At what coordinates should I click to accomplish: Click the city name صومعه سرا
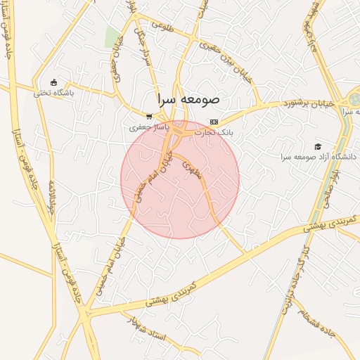[188, 98]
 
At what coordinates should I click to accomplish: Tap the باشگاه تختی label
[53, 91]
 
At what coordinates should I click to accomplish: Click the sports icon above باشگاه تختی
[54, 82]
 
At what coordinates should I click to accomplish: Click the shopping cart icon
[148, 117]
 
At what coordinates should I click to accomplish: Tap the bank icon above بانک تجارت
[214, 122]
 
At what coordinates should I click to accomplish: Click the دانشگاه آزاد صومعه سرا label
[319, 156]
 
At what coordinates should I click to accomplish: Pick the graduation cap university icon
[319, 146]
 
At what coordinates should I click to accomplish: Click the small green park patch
[112, 38]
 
